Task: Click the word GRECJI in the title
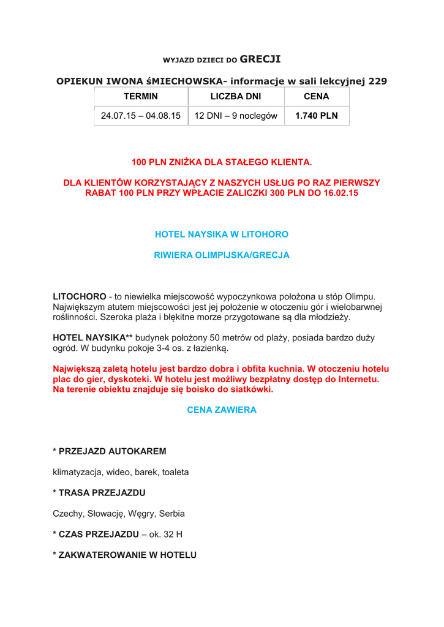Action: (x=260, y=59)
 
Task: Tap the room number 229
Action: (x=377, y=81)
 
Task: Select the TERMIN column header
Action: (x=141, y=97)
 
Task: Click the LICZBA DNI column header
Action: (x=236, y=97)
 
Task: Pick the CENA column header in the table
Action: (x=317, y=97)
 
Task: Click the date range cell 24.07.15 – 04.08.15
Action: (x=141, y=116)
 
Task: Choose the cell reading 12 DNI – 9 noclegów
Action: (x=236, y=116)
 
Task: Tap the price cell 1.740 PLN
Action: (x=317, y=116)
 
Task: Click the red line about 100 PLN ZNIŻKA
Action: (x=222, y=162)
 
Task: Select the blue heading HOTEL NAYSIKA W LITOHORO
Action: (x=222, y=235)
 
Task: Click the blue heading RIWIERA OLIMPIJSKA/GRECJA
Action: (x=222, y=255)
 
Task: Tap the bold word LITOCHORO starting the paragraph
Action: (x=79, y=296)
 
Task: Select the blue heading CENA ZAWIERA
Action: (x=222, y=410)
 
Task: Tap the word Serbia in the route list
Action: (x=172, y=514)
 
